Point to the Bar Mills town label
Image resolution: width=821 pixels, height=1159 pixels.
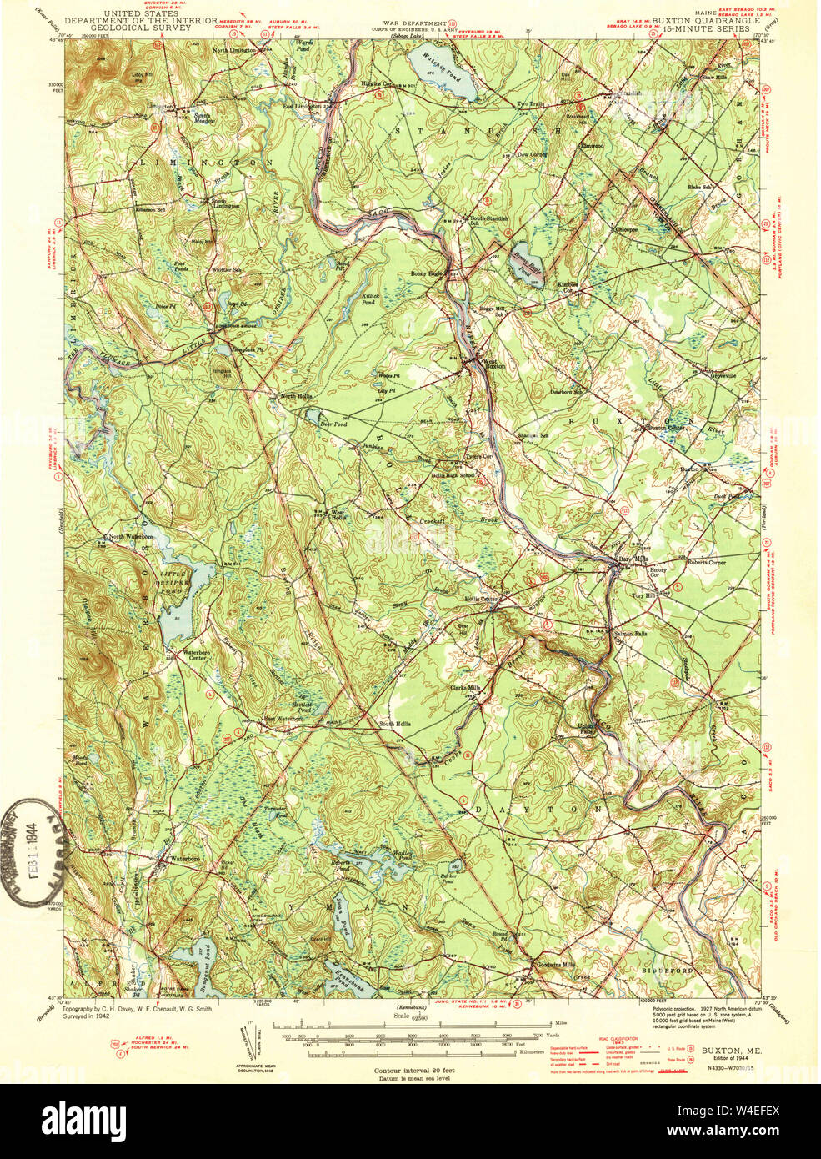click(633, 559)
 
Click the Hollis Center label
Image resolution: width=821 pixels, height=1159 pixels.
click(482, 599)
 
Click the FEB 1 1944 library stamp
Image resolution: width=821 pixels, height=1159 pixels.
click(35, 852)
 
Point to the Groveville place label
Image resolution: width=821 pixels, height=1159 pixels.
click(723, 375)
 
